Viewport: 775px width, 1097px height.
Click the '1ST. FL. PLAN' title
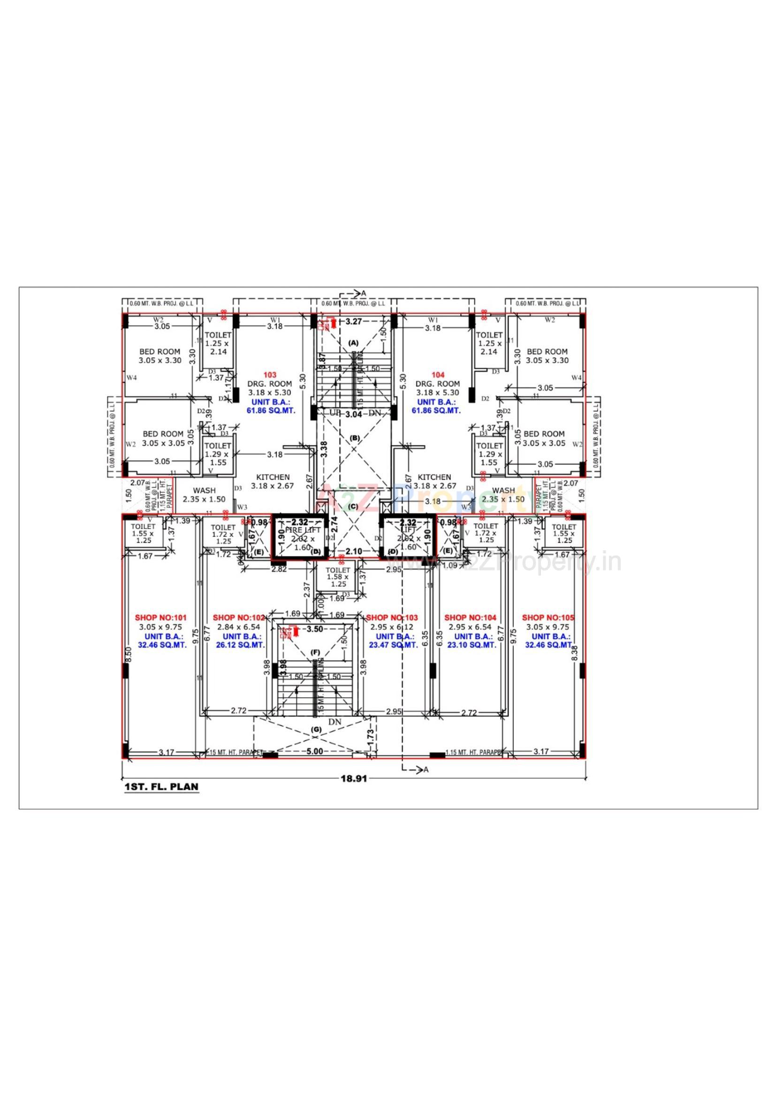point(161,786)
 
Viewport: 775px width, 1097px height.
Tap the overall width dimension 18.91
point(354,778)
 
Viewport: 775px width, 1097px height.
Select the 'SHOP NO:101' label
point(160,618)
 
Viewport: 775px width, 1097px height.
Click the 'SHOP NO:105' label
point(548,618)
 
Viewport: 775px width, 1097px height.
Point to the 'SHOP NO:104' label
point(470,618)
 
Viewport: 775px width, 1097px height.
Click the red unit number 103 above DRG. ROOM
point(270,375)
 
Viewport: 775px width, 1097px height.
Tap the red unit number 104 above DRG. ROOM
point(438,375)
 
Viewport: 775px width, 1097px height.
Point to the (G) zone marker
point(316,730)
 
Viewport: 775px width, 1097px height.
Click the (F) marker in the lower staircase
point(315,652)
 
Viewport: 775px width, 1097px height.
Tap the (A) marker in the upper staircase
point(353,343)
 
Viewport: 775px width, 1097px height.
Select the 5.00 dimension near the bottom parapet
point(314,752)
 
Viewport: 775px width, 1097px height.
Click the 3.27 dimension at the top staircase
point(354,321)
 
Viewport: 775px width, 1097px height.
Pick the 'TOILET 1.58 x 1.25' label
point(338,577)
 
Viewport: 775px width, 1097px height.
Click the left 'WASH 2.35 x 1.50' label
point(204,495)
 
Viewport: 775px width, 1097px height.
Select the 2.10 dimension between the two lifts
point(354,551)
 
